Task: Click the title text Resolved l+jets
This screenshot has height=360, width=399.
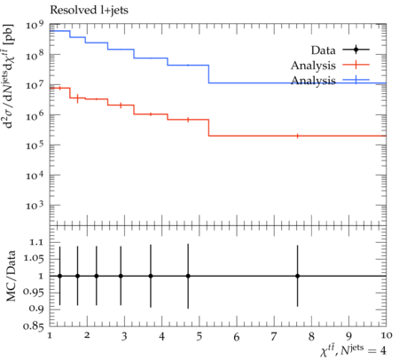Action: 89,11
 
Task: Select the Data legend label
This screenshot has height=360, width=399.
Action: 323,51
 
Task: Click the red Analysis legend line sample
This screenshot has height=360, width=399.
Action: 356,65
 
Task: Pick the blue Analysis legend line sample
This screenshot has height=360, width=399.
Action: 356,80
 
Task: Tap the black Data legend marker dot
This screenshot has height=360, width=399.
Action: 356,50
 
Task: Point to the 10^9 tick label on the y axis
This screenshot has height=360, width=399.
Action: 35,25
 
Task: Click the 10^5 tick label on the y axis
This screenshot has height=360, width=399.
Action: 35,145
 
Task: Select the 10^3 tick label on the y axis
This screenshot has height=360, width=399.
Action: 35,205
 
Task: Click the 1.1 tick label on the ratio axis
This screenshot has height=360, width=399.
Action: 36,242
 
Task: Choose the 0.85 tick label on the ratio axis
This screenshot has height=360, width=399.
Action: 34,326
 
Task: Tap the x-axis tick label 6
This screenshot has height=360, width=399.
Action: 237,337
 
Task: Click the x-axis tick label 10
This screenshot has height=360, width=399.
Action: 387,335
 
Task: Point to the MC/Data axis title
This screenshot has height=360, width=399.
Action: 11,276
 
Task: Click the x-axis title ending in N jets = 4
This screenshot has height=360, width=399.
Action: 353,350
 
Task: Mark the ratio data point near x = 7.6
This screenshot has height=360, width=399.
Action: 297,276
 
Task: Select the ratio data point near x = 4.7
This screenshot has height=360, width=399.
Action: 188,276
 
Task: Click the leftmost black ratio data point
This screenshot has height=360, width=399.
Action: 60,276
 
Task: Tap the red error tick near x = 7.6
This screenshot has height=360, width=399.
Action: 297,136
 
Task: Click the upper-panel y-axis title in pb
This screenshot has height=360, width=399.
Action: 9,76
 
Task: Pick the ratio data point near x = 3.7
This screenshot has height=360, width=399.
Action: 151,276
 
